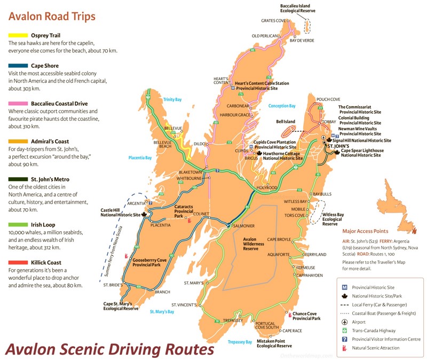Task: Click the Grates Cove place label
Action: (x=273, y=20)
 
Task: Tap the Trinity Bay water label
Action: (x=172, y=99)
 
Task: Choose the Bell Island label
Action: (x=286, y=122)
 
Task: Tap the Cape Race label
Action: (x=292, y=331)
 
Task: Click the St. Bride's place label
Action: (x=113, y=285)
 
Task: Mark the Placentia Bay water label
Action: (x=140, y=158)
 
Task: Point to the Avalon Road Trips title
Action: (x=52, y=16)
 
